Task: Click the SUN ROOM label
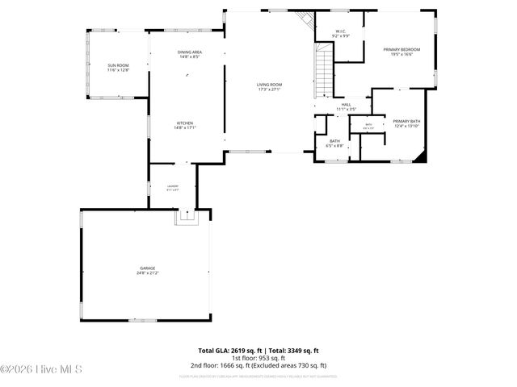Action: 118,65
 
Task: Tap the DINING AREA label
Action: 190,52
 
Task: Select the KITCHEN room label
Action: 185,123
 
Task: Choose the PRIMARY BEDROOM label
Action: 401,49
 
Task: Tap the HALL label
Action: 345,105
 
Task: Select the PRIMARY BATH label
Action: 406,121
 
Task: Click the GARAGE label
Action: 146,268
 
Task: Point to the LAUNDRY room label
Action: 172,187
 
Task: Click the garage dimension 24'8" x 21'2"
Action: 146,273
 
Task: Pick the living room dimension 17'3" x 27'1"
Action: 268,89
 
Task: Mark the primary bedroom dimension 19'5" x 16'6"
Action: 401,55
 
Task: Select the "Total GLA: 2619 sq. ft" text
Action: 227,351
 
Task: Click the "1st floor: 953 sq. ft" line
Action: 258,358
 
